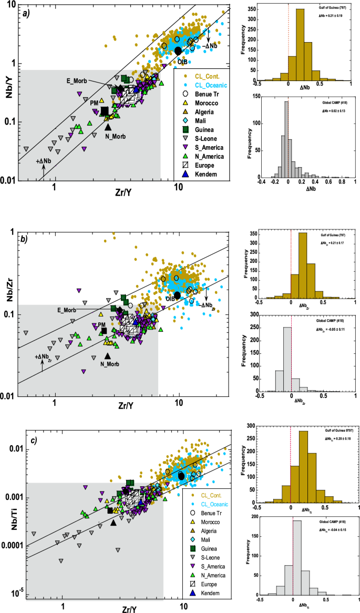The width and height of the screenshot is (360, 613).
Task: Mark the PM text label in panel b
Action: click(102, 325)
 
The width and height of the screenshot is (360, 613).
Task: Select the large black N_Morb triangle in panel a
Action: click(108, 126)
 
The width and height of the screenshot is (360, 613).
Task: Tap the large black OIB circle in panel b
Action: click(178, 295)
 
